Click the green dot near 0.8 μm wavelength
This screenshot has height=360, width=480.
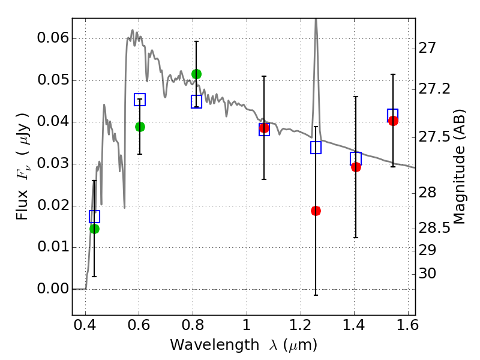[196, 74]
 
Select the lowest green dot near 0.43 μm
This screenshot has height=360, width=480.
[94, 229]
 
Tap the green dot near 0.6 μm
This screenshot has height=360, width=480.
[140, 127]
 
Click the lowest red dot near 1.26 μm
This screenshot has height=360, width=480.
[316, 211]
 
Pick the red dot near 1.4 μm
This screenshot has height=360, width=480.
[356, 167]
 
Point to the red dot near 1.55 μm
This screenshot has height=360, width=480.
[393, 121]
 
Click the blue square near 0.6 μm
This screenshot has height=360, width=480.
[140, 100]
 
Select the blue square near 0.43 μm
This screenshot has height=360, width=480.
[94, 217]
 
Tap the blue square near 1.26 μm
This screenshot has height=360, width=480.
[316, 148]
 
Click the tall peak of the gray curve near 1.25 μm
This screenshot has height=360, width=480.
[316, 20]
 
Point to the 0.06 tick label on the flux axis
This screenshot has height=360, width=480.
[53, 38]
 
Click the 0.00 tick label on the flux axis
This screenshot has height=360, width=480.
[53, 289]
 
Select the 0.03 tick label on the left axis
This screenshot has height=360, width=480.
[53, 163]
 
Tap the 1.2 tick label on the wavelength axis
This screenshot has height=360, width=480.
[301, 325]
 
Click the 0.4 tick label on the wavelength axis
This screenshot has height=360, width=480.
[85, 325]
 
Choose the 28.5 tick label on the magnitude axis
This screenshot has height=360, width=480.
[434, 228]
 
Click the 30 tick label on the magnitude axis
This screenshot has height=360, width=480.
[427, 273]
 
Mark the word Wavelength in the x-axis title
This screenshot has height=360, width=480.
[215, 344]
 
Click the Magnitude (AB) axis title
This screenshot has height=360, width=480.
[459, 167]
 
